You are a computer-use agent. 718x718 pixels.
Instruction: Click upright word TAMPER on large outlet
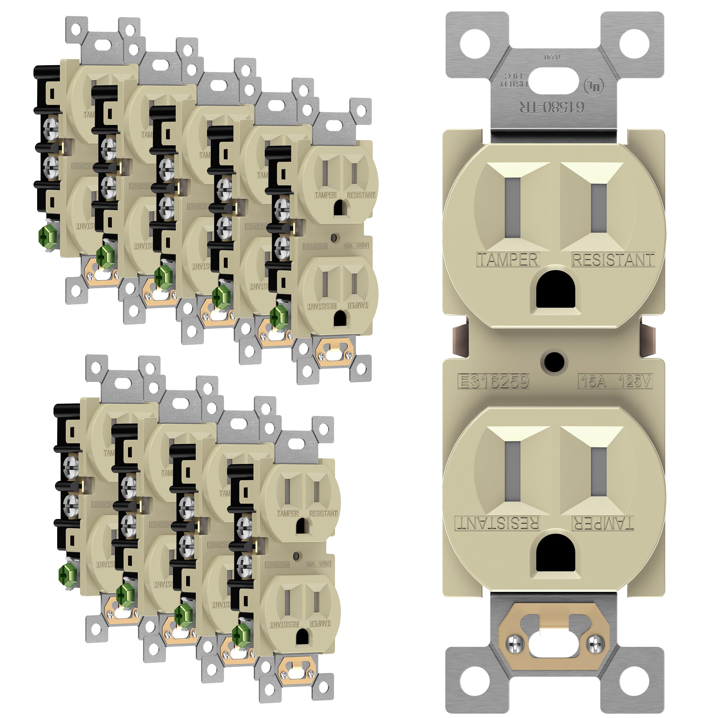pyautogui.click(x=508, y=259)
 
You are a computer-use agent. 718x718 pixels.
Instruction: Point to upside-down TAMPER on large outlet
pyautogui.click(x=603, y=523)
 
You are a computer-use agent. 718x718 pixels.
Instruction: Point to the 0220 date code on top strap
pyautogui.click(x=552, y=57)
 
